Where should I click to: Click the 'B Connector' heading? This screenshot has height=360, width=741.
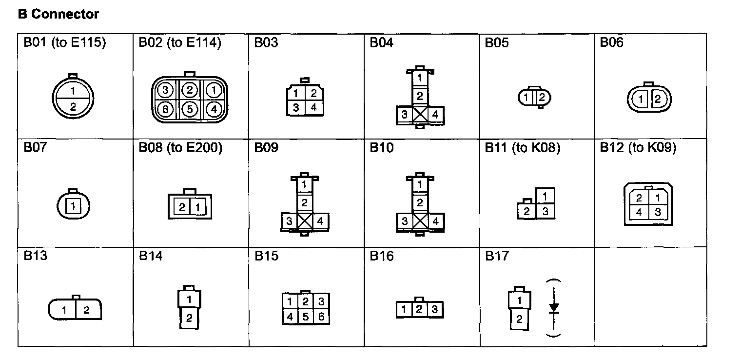point(58,15)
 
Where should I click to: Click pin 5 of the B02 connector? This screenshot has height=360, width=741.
point(190,109)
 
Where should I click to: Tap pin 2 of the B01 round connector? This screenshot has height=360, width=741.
point(73,107)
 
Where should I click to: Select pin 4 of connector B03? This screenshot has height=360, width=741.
point(313,107)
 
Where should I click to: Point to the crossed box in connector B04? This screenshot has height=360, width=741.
point(420,115)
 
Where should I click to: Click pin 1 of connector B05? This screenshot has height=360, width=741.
point(526,98)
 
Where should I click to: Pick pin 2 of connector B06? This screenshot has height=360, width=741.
point(657,100)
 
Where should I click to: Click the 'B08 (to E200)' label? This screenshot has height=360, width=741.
point(180,148)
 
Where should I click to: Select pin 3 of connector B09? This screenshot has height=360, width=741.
point(289,221)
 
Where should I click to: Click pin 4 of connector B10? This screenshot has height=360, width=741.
point(435,221)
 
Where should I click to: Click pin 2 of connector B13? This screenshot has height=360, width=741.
point(86,310)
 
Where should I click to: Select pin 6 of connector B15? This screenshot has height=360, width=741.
point(321,316)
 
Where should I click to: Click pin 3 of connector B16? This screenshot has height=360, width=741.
point(434,309)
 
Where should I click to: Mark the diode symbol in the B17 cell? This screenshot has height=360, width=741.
point(554,308)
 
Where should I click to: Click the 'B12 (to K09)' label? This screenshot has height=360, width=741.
point(638,148)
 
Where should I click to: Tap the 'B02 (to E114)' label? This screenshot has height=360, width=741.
point(180,43)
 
